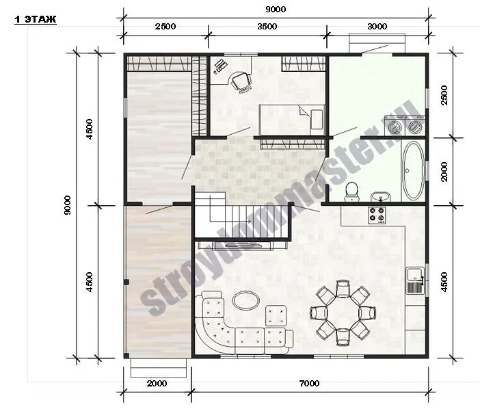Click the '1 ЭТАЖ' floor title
pos(35,19)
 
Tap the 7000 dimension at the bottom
pos(310,383)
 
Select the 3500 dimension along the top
pos(267,26)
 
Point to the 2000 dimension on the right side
pos(444,172)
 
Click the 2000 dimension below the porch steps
pos(157,383)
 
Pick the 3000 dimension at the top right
pos(377,26)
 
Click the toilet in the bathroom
pos(351,192)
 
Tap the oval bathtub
pos(413,170)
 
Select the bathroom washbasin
pos(380,196)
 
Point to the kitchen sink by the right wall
pos(416,280)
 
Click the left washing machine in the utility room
pos(394,125)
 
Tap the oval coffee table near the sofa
pos(246,300)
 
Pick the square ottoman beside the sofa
pos(276,315)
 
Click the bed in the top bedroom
pos(292,120)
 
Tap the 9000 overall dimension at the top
pos(276,10)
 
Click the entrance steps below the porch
pos(159,368)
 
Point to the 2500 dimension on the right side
pos(444,95)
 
